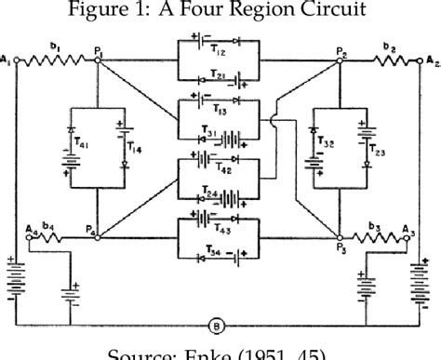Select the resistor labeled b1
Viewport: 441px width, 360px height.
tap(56, 59)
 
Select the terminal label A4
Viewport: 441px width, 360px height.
tap(32, 227)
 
